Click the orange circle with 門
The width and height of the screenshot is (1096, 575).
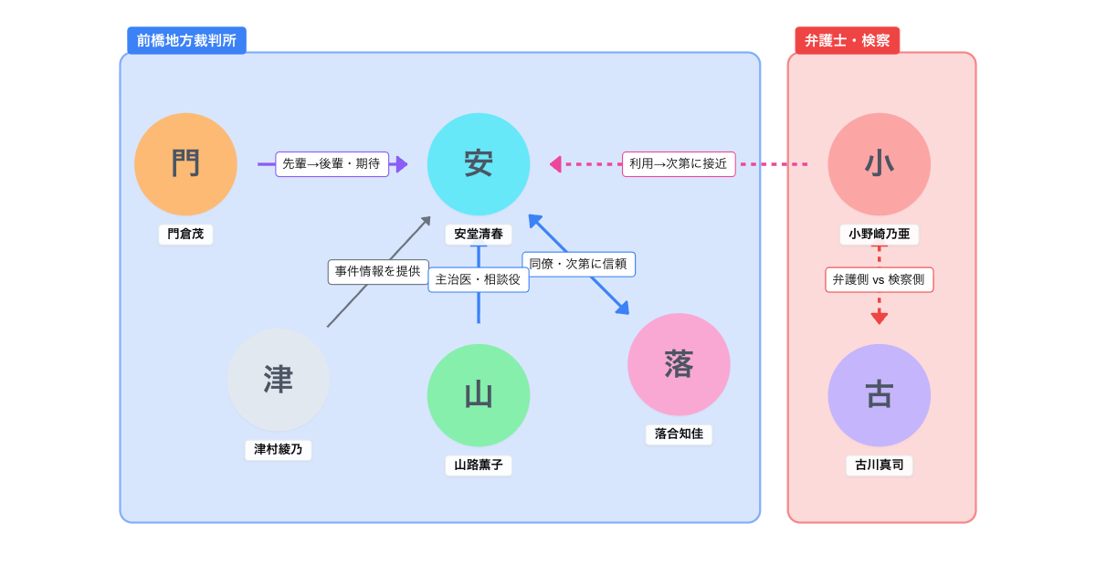[185, 164]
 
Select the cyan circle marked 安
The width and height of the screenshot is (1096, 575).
[479, 164]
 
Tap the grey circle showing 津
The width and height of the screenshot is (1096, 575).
[279, 380]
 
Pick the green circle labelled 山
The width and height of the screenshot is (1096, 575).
[479, 395]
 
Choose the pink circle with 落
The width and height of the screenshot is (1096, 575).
[679, 364]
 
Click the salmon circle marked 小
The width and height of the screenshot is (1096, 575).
[879, 164]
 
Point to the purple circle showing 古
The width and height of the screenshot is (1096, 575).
[879, 395]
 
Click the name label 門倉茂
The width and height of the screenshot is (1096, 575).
[185, 235]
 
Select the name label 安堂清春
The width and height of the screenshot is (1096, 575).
[479, 235]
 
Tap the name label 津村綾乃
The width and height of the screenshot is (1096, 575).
[279, 450]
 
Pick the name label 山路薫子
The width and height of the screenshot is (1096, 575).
[479, 465]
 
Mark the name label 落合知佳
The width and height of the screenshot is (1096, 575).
[679, 434]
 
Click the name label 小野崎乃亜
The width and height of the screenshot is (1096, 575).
[879, 235]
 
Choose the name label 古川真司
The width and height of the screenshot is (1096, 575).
[879, 465]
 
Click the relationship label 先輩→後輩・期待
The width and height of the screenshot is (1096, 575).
[332, 164]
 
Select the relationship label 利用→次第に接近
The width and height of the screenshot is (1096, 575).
[679, 164]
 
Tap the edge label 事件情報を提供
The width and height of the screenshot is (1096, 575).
[378, 272]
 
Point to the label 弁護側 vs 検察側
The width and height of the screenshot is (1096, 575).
[879, 279]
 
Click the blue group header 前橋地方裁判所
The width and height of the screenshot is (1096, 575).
[186, 40]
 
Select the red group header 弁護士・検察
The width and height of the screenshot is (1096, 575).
[847, 40]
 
